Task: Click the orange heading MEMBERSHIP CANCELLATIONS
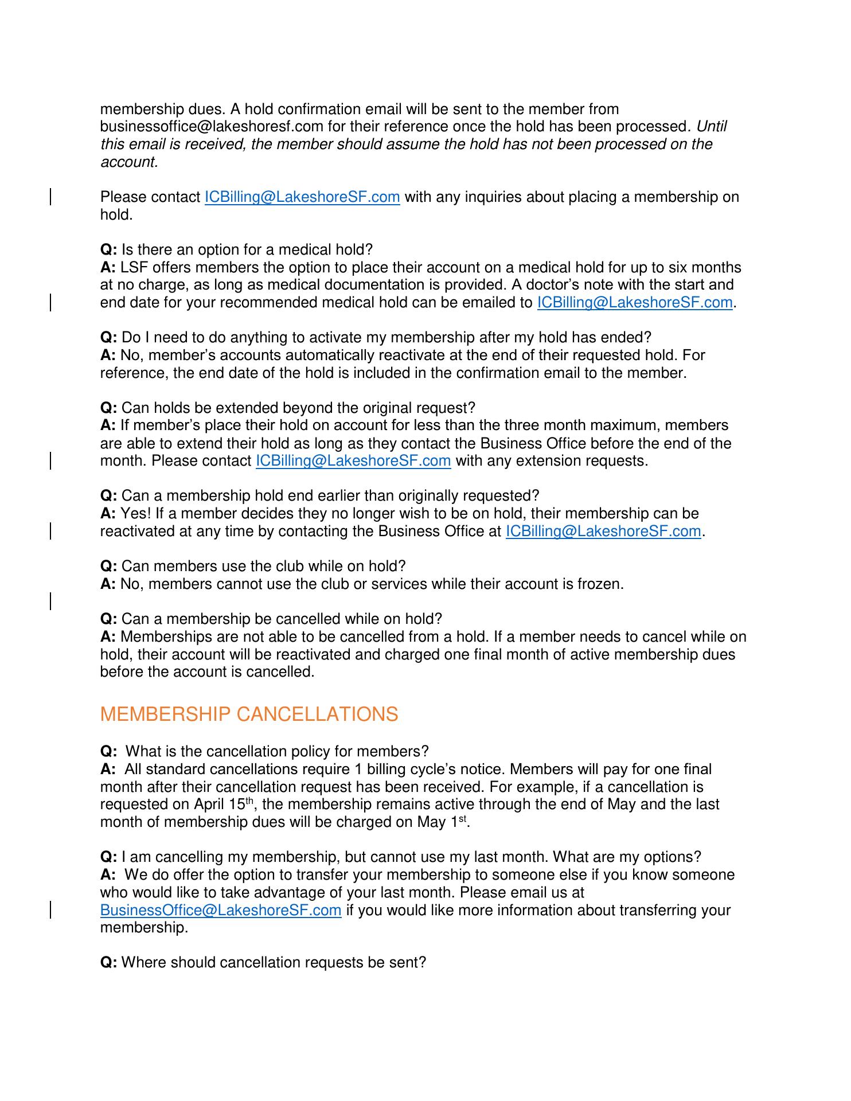[249, 715]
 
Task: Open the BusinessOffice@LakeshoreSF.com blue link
[221, 910]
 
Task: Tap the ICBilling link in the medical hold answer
[635, 302]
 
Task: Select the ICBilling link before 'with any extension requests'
[353, 460]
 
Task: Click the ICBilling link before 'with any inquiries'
[302, 197]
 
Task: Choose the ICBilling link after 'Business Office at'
[603, 531]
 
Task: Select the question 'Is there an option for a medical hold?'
[247, 249]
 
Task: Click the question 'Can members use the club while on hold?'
[263, 566]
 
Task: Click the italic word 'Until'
[711, 126]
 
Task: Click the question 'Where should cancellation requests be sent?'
[274, 962]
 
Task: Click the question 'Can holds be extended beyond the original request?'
[298, 408]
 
